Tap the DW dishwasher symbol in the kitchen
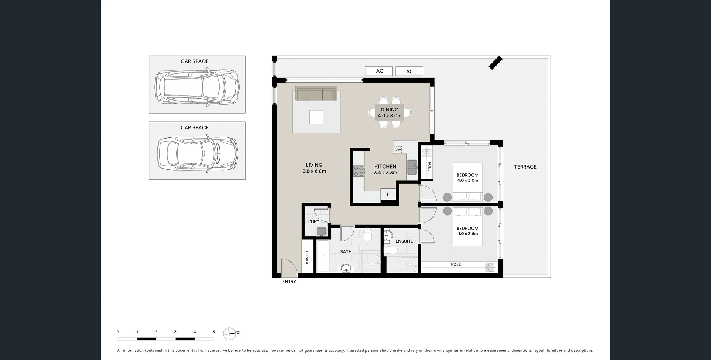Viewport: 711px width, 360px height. click(398, 150)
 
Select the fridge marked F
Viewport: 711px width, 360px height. click(388, 194)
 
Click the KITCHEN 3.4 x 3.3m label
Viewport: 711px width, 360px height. click(385, 170)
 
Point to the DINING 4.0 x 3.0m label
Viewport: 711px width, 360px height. click(390, 113)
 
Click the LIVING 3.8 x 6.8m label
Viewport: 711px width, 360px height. click(314, 168)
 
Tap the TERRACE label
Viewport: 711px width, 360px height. click(525, 167)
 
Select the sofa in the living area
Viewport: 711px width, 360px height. click(316, 94)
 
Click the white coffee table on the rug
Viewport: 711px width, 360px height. click(316, 117)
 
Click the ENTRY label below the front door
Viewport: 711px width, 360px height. click(289, 282)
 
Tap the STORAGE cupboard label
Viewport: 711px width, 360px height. click(307, 257)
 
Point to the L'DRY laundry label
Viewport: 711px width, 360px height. click(313, 221)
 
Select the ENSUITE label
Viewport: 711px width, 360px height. click(404, 241)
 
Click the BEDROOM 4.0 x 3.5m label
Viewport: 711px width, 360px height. click(467, 231)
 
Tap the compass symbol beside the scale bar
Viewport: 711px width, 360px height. click(230, 334)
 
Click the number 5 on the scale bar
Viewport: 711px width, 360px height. click(214, 332)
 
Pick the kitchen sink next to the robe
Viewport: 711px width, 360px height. click(412, 167)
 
